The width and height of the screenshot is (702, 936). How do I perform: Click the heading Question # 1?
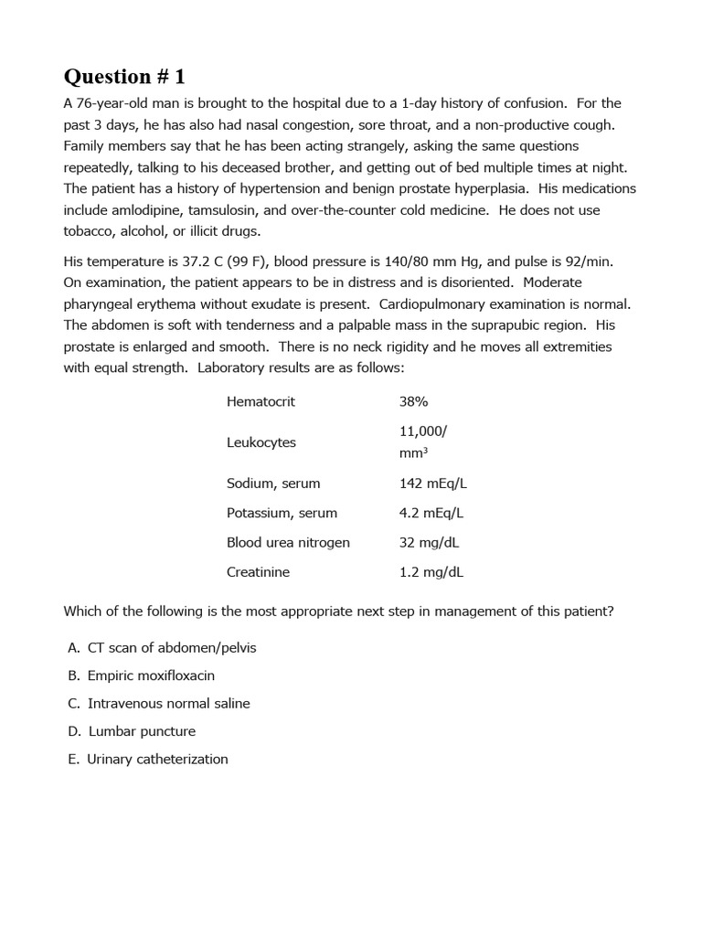[x=123, y=76]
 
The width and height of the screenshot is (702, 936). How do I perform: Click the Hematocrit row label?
[x=261, y=401]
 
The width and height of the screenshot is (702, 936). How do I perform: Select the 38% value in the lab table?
[x=413, y=401]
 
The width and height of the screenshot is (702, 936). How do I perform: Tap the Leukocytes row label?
[x=261, y=442]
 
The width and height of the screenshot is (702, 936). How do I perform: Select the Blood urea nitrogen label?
[x=288, y=542]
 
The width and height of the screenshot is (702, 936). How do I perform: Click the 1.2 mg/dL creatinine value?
[x=431, y=572]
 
